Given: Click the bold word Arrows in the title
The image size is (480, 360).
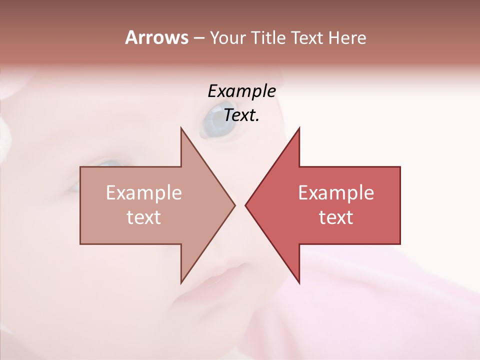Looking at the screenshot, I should coord(156,37).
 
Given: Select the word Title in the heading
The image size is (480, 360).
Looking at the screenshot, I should coord(269,38).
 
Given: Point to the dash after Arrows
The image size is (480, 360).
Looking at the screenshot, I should coord(198,38).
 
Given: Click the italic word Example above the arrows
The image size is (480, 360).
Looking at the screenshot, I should coord(241,91).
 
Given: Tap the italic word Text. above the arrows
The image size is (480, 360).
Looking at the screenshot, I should coord(241,115).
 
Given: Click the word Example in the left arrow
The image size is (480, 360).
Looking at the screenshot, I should coord(143,193).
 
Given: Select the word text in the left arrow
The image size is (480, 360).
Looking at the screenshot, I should coord(143,217).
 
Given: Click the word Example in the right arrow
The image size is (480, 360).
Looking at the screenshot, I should coord(336,193).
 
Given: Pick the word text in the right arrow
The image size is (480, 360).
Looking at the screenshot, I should coord(336,217).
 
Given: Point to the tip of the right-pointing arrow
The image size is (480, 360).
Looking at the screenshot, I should coord(234,205).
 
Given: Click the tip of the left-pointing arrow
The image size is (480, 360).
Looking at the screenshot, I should coord(245,205).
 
